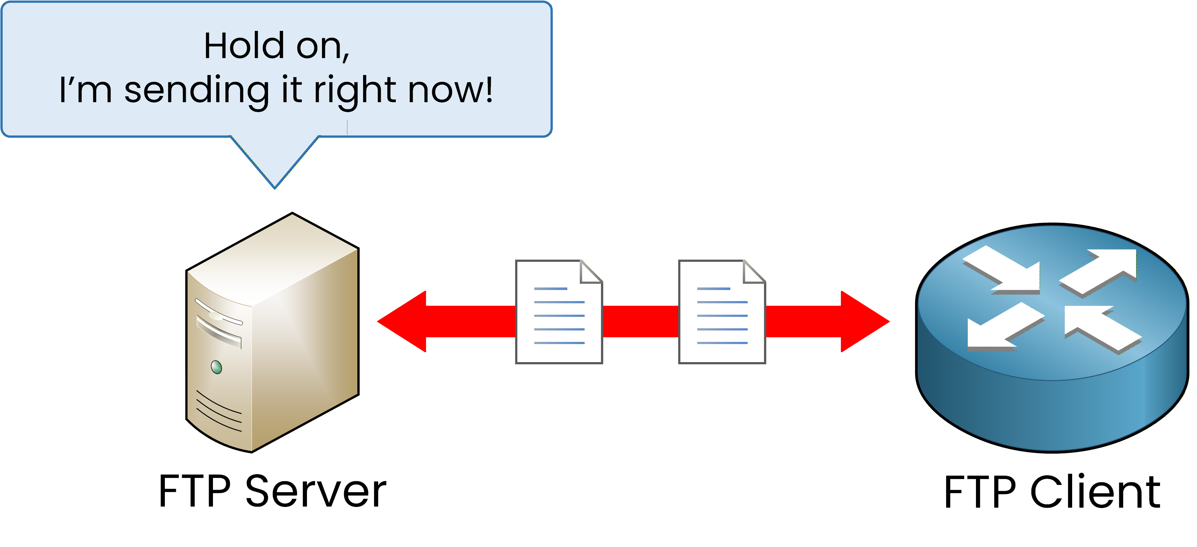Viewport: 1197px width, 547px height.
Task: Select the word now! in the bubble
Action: pyautogui.click(x=450, y=90)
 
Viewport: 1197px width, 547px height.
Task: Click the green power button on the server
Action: pyautogui.click(x=216, y=368)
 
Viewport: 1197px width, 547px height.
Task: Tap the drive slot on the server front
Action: pyautogui.click(x=218, y=331)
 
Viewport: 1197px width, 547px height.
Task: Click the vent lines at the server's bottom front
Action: pyautogui.click(x=219, y=412)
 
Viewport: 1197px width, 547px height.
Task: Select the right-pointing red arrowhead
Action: pyautogui.click(x=864, y=321)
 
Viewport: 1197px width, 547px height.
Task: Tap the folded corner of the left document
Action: pyautogui.click(x=590, y=272)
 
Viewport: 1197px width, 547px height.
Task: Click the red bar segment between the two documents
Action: pyautogui.click(x=640, y=321)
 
